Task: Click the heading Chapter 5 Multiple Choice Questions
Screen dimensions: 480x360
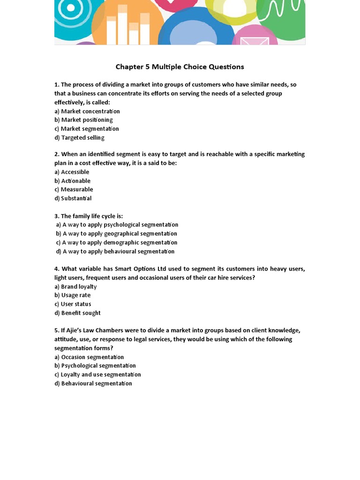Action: tap(180, 67)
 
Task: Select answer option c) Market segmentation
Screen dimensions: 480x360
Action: tap(87, 129)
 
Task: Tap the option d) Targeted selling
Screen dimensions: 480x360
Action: tap(79, 138)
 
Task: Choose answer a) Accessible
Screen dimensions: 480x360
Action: tap(72, 172)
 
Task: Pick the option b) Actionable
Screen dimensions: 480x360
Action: tap(72, 181)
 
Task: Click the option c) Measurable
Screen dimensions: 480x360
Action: tap(74, 189)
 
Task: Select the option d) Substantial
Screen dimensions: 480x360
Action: tap(73, 198)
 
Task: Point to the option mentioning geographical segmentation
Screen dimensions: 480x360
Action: tap(117, 233)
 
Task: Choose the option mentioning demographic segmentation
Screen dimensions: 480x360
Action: tap(117, 242)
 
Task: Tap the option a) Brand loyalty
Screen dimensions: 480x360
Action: tap(75, 286)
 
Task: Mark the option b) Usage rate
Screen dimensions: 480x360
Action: tap(73, 295)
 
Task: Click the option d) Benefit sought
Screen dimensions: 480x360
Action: tap(77, 313)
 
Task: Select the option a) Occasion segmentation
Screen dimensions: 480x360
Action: tap(89, 357)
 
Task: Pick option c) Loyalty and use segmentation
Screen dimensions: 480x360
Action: tap(97, 375)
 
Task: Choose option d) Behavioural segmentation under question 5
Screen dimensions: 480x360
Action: tap(93, 383)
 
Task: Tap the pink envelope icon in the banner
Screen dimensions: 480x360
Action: tap(255, 41)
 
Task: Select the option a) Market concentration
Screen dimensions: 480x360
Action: tap(87, 112)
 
